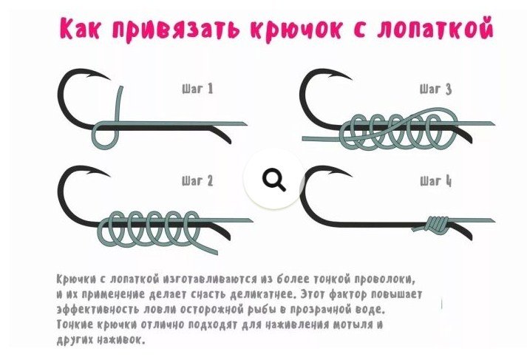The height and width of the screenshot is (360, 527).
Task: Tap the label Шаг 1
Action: pyautogui.click(x=197, y=89)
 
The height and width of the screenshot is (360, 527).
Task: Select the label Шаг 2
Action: pyautogui.click(x=197, y=181)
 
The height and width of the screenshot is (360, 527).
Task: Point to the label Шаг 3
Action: pyautogui.click(x=435, y=89)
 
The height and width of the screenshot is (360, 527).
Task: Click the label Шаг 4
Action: pyautogui.click(x=435, y=181)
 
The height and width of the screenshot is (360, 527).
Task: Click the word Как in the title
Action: pyautogui.click(x=82, y=30)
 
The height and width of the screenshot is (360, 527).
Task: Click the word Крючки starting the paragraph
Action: pyautogui.click(x=78, y=279)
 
